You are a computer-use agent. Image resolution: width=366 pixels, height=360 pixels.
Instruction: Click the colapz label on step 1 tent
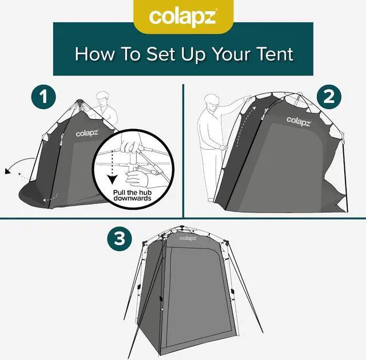click(85, 133)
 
